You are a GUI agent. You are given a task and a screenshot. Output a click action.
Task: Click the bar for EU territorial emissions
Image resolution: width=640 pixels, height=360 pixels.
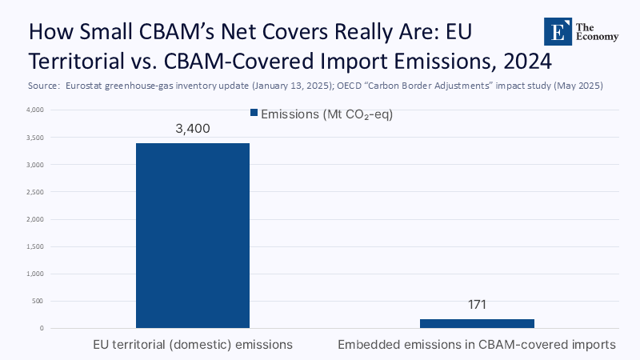[192, 235]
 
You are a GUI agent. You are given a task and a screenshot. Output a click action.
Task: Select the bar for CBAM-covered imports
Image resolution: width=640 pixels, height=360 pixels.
[477, 323]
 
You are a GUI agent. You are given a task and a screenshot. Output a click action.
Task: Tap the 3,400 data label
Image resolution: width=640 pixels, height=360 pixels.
[192, 129]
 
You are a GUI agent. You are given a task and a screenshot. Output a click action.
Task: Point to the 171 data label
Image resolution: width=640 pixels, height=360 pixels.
[477, 305]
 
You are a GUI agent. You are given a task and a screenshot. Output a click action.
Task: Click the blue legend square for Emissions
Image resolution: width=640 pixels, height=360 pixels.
[255, 114]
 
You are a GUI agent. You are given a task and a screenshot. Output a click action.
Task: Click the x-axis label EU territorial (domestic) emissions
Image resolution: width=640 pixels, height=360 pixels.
[192, 345]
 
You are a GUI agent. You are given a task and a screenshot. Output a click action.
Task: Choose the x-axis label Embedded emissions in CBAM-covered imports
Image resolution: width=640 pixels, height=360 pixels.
[477, 345]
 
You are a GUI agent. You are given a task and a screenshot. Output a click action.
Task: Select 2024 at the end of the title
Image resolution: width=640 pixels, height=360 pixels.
[529, 60]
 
